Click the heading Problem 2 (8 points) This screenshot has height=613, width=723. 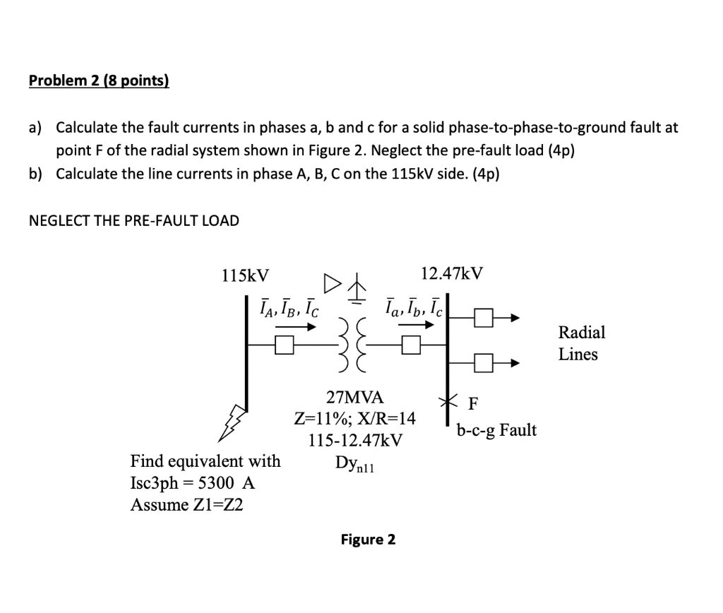pos(99,81)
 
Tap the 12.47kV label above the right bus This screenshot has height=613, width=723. pos(451,273)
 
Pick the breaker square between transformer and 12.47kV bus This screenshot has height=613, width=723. pos(411,345)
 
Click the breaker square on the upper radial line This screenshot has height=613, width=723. pos(483,319)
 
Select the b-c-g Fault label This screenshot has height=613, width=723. pos(496,430)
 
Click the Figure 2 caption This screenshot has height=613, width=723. pos(368,540)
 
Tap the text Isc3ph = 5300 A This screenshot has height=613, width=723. pos(192,483)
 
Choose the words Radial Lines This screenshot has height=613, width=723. pos(581,343)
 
